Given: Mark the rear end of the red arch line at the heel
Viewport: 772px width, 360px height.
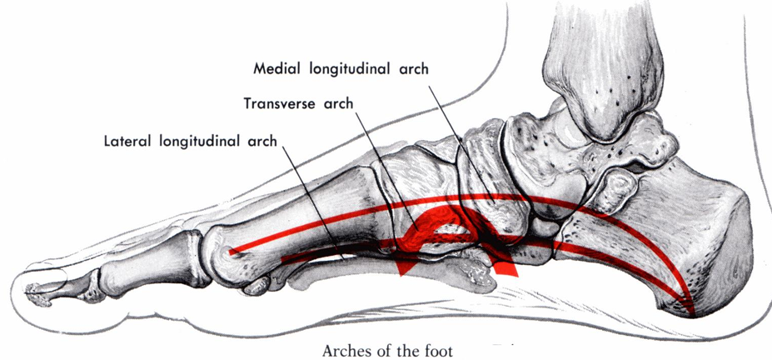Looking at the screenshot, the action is pos(691,312).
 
